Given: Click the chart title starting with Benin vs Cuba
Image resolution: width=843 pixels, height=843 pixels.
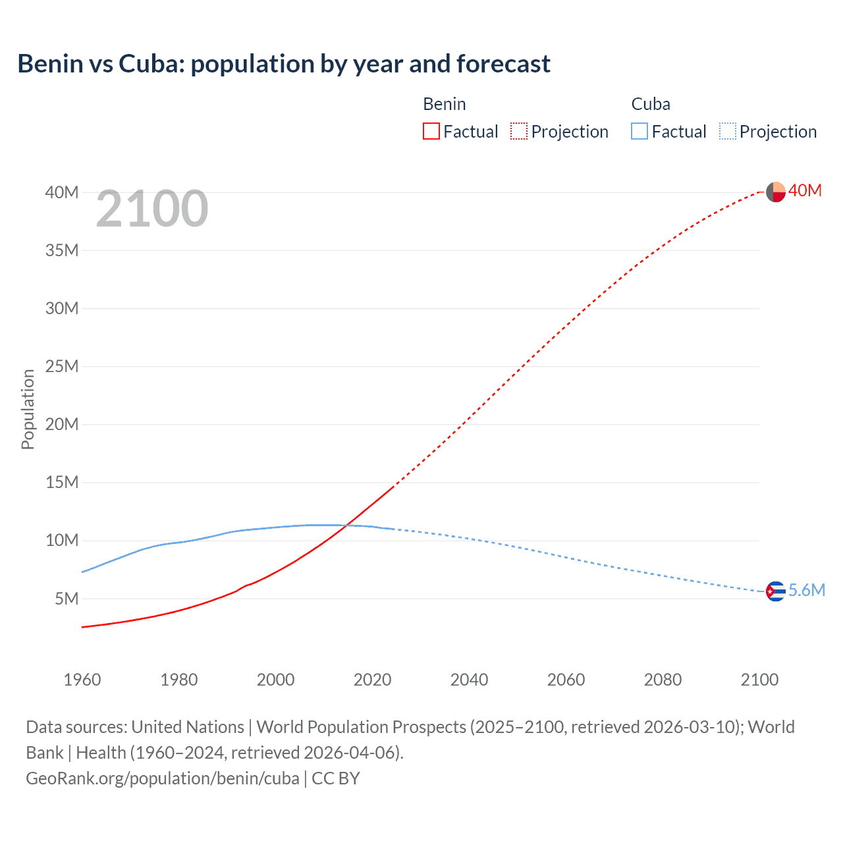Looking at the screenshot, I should [x=284, y=64].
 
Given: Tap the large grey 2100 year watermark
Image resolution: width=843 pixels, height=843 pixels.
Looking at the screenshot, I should [x=152, y=209].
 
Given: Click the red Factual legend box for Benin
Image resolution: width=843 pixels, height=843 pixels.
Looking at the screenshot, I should [x=431, y=132].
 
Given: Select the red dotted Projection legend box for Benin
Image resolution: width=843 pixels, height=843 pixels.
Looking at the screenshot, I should [x=519, y=132].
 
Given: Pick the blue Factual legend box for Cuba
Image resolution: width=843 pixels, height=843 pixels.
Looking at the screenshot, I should [x=639, y=132].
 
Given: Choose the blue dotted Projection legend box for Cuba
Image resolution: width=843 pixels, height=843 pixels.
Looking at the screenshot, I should [x=727, y=132].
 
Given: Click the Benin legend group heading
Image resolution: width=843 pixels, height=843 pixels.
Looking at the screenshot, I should [x=445, y=104].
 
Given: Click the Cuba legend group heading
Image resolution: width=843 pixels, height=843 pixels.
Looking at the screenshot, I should [x=651, y=104].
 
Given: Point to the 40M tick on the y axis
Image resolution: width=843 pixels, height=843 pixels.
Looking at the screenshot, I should [x=62, y=192].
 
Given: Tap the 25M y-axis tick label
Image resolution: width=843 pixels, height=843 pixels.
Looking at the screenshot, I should [x=62, y=366].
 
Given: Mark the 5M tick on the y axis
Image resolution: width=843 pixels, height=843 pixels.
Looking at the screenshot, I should [x=67, y=599].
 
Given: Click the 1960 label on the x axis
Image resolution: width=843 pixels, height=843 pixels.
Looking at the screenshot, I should [x=82, y=680].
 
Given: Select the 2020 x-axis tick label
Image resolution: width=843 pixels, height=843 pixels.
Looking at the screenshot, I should [x=373, y=680].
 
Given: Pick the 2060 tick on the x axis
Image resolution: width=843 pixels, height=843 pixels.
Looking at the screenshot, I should [x=566, y=680].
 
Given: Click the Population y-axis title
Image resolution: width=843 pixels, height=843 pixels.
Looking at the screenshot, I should [x=28, y=409].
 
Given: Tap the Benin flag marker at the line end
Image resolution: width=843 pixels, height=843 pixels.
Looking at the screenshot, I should [x=776, y=192].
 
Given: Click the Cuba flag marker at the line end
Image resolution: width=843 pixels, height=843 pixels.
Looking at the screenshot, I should [x=776, y=591].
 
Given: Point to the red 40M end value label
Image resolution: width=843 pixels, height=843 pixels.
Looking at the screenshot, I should [x=805, y=190].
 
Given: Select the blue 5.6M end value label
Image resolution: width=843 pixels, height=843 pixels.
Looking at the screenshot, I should [x=807, y=590].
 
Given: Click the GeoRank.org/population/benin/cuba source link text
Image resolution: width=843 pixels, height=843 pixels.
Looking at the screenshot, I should [x=163, y=778].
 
